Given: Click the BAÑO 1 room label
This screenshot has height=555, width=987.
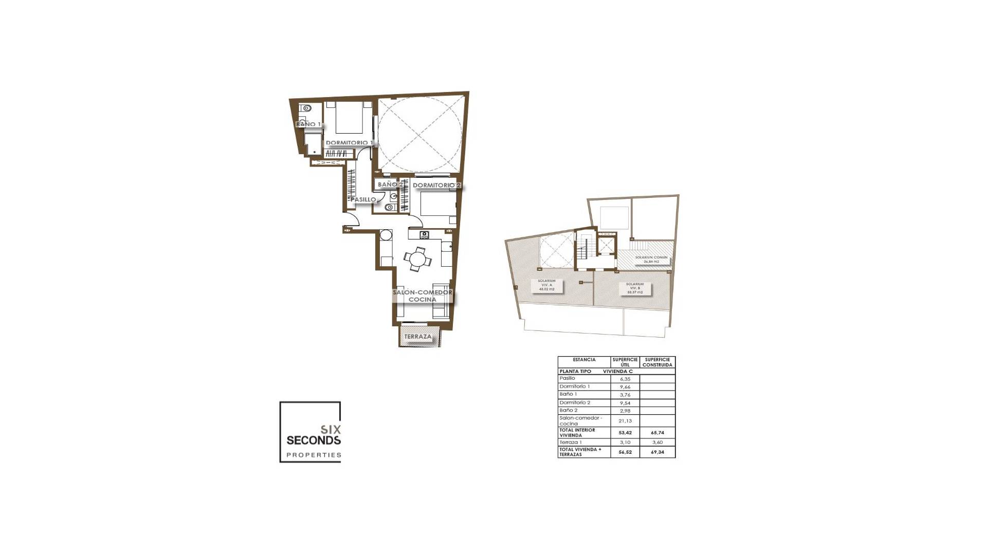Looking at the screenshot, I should coord(308,124).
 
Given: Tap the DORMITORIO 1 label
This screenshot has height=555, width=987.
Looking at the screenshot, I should coord(349,143).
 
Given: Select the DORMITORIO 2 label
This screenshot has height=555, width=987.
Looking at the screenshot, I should coord(436,186).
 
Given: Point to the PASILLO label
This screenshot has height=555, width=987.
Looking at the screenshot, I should coord(363,199).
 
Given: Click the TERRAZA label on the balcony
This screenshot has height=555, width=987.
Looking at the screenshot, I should coord(418,337).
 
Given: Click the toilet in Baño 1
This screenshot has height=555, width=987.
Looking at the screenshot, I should coord(306,108).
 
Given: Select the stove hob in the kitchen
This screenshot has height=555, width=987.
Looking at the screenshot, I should coord(425,235).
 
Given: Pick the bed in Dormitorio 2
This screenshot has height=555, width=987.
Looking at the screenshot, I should coord(437,203).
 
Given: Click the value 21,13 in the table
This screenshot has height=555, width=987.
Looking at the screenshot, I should coord(625,421).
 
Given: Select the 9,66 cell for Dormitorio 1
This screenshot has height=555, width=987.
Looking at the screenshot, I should coord(625,387).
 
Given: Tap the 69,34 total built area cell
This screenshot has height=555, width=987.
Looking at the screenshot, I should coord(657,452).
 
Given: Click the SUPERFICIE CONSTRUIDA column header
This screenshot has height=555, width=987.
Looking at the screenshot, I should coord(657,362).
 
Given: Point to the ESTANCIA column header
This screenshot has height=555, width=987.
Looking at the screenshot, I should coord(584,360).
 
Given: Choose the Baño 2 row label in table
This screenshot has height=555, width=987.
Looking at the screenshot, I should coord(569,411).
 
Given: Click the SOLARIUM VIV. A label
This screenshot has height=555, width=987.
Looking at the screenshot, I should coord(546,285).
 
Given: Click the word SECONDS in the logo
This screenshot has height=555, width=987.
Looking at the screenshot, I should coord(314,440).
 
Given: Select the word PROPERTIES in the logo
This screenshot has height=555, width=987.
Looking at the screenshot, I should coord(314,455).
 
